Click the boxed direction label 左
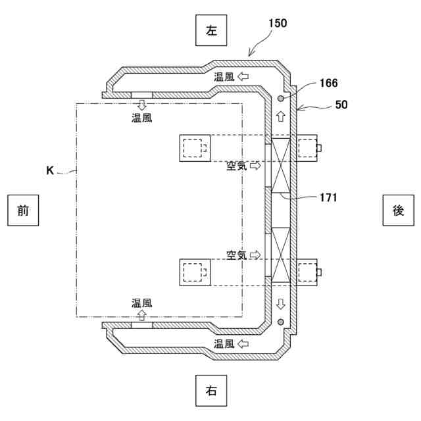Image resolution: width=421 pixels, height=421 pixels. tap(211, 30)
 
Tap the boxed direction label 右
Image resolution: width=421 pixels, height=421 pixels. tap(211, 391)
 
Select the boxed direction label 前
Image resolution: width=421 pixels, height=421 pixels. tap(23, 210)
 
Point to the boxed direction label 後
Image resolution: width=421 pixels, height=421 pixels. tap(399, 210)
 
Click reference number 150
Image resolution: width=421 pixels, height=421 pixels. tap(278, 23)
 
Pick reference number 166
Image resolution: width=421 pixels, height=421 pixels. tap(329, 83)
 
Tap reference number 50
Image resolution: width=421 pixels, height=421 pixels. tap(341, 105)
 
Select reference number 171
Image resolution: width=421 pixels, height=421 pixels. tap(328, 197)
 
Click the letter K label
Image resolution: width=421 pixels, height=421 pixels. tap(50, 170)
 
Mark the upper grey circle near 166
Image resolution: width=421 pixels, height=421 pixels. tap(281, 98)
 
